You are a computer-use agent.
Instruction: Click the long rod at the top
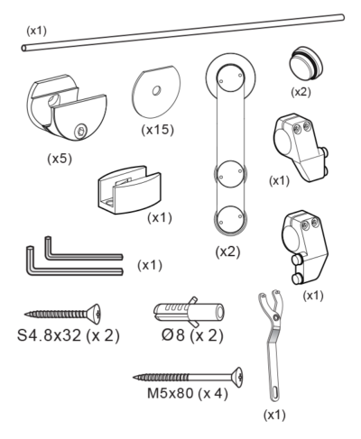[x=183, y=32]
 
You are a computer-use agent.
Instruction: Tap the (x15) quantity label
[x=158, y=130]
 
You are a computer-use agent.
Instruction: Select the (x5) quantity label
[x=60, y=159]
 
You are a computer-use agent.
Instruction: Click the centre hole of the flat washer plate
[x=156, y=90]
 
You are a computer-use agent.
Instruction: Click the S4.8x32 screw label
[x=49, y=335]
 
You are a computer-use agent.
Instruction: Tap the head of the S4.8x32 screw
[x=95, y=314]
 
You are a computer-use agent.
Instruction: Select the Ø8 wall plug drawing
[x=189, y=312]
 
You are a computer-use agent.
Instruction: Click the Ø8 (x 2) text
[x=192, y=335]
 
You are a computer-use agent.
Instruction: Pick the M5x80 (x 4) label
[x=187, y=393]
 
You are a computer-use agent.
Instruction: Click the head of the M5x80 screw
[x=237, y=377]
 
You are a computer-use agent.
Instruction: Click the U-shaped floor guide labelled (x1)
[x=129, y=190]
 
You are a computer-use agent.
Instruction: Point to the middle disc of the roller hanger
[x=230, y=174]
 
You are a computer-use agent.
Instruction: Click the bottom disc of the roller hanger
[x=230, y=220]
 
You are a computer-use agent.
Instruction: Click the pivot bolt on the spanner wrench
[x=276, y=317]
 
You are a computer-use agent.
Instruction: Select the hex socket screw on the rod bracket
[x=81, y=132]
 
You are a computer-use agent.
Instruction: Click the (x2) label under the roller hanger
[x=227, y=252]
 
